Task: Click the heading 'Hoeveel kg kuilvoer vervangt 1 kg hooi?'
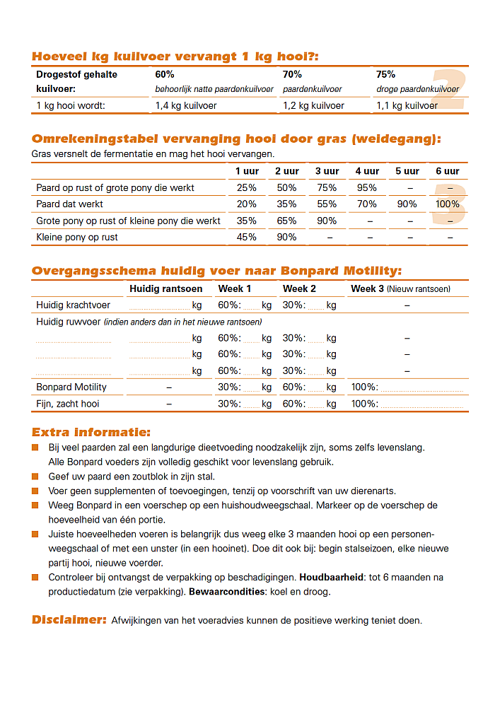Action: pyautogui.click(x=175, y=57)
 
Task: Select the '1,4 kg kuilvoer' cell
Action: pyautogui.click(x=186, y=105)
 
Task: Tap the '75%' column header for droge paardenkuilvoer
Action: pyautogui.click(x=386, y=74)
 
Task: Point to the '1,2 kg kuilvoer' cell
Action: pyautogui.click(x=313, y=105)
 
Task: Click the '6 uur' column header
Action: pyautogui.click(x=448, y=171)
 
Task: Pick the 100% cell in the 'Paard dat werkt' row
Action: pyautogui.click(x=448, y=204)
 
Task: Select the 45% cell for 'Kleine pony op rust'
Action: pyautogui.click(x=247, y=237)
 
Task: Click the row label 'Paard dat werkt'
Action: pyautogui.click(x=70, y=204)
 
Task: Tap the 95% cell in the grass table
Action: pyautogui.click(x=367, y=188)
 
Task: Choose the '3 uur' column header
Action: pyautogui.click(x=327, y=171)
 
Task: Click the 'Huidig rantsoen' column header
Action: pyautogui.click(x=166, y=288)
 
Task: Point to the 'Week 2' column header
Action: pyautogui.click(x=299, y=288)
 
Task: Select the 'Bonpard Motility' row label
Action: pyautogui.click(x=71, y=387)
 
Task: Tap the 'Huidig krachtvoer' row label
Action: pyautogui.click(x=74, y=305)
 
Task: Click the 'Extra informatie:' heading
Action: pyautogui.click(x=91, y=432)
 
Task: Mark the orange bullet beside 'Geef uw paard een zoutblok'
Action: pyautogui.click(x=35, y=477)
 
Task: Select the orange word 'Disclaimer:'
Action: pyautogui.click(x=69, y=620)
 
